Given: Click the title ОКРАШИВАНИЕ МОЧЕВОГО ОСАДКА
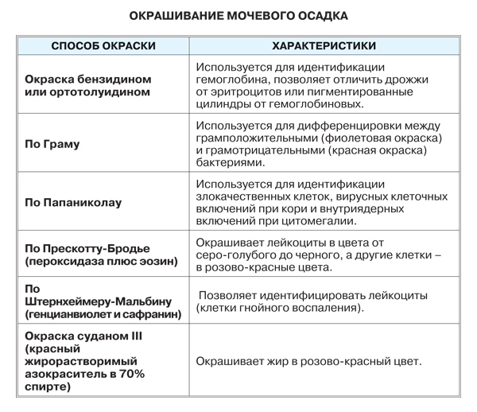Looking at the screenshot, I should [x=238, y=15].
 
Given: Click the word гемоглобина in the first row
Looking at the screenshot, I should [x=235, y=80].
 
